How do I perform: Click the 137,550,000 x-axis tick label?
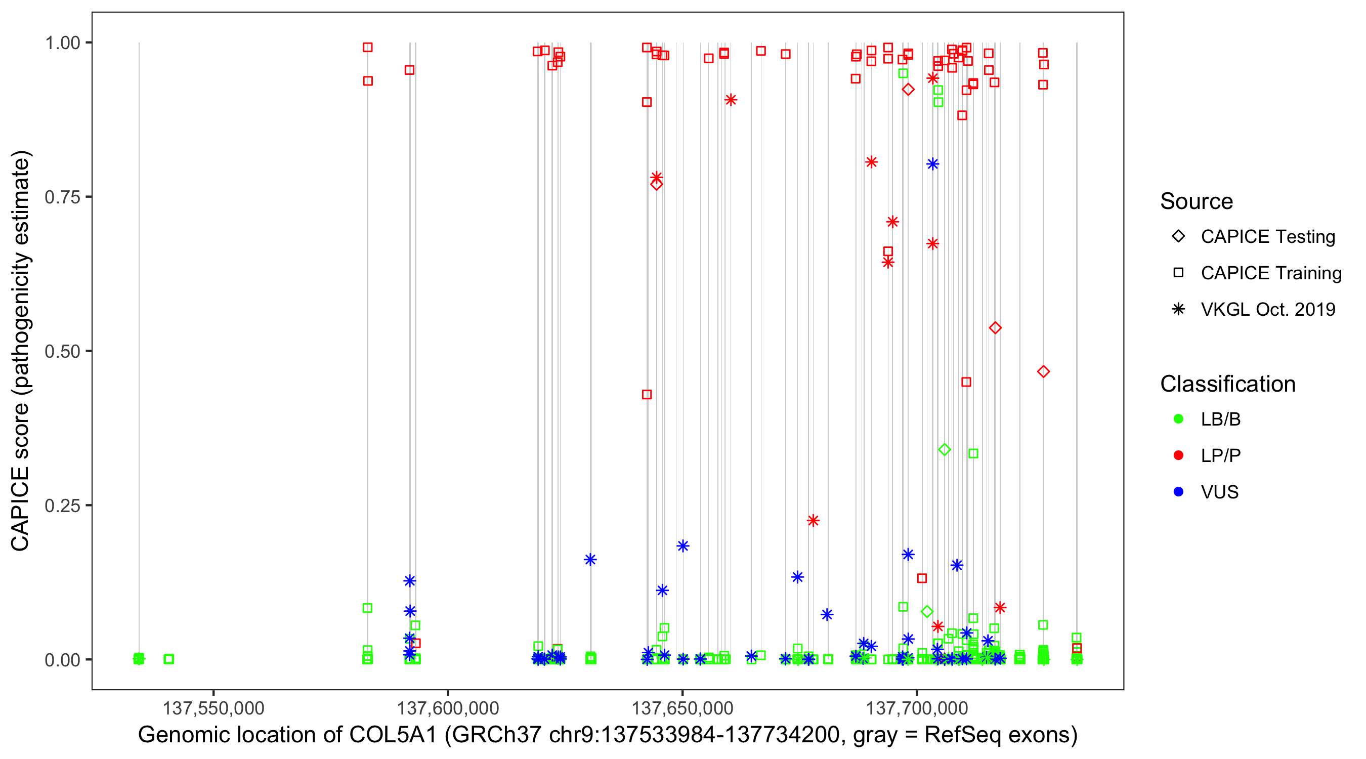point(213,707)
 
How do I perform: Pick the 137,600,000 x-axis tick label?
point(448,707)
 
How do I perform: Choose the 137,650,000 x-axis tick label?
point(682,707)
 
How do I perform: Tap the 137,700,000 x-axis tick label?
point(917,707)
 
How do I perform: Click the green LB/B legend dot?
point(1178,419)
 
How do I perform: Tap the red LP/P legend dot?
point(1178,455)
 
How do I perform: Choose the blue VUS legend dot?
point(1178,492)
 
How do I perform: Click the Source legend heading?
point(1197,201)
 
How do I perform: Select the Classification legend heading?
point(1227,384)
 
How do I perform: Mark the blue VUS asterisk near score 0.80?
point(933,164)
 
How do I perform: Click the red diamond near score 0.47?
point(1043,372)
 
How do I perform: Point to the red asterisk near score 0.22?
point(813,520)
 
